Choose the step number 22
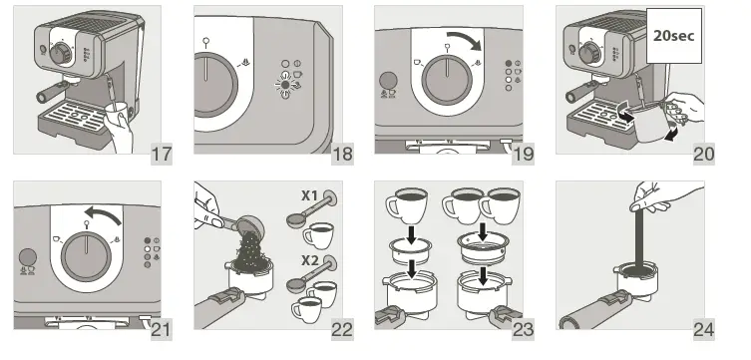(342, 329)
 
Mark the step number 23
(523, 329)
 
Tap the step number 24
(704, 329)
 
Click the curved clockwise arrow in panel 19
(463, 39)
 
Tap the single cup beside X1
(320, 237)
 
